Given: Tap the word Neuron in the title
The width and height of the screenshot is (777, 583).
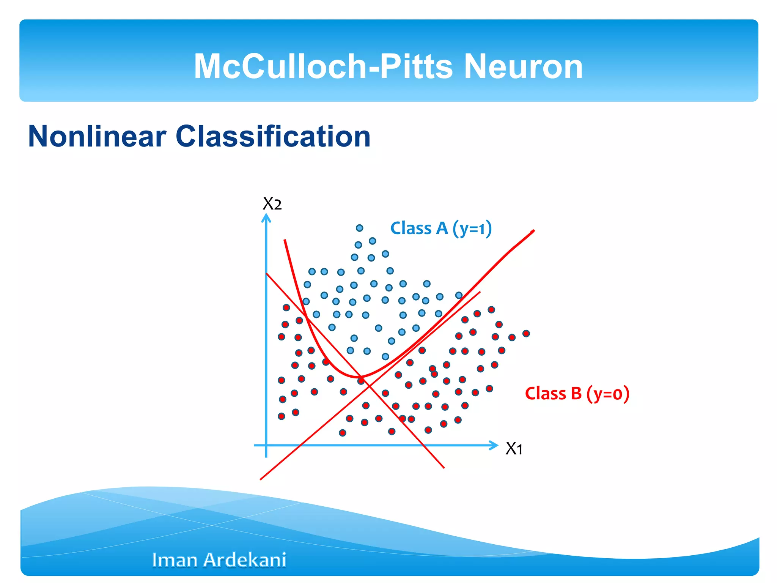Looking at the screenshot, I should point(524,66).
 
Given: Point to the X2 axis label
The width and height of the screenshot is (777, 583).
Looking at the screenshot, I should point(272,204).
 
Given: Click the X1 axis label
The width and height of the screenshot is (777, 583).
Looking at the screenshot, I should point(514,449).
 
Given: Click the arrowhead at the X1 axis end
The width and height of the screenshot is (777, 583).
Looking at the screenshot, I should point(495,445).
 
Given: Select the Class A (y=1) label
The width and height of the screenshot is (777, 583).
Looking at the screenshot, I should point(441,228).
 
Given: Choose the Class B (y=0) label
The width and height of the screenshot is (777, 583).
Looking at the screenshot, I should point(577,393).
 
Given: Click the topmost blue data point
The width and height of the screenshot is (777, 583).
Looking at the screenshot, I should point(359,228).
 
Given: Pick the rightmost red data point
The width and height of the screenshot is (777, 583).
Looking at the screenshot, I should point(526,333).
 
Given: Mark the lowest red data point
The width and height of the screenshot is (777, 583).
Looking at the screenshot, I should point(342,433).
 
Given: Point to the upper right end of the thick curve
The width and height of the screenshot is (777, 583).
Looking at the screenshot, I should point(533,231).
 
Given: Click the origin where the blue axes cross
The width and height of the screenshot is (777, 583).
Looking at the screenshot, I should point(266,445).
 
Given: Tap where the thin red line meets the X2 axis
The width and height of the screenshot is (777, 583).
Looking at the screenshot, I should point(267,273).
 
